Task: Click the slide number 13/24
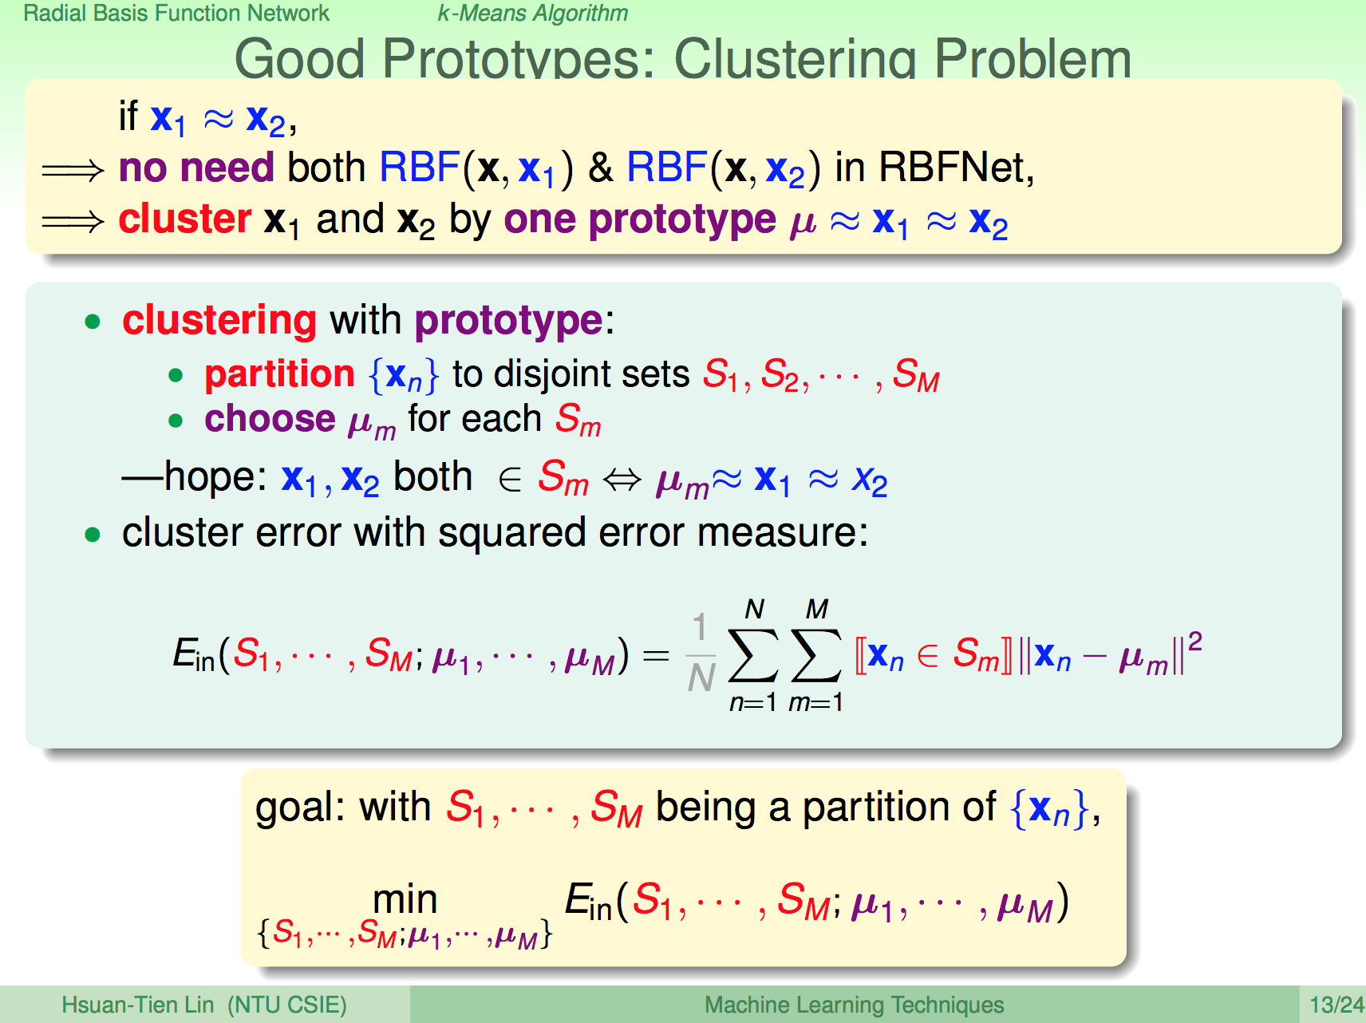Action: [1336, 1005]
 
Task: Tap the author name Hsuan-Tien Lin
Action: [138, 1005]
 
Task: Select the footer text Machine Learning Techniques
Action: [854, 1005]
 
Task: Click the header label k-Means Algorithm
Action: [533, 14]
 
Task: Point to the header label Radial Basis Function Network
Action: [176, 13]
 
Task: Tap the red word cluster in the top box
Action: [185, 219]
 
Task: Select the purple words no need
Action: [196, 168]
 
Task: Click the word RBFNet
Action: [956, 168]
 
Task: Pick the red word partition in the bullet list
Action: [279, 373]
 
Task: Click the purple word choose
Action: [270, 419]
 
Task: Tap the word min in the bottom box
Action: [405, 900]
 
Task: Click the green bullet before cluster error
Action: [93, 534]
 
